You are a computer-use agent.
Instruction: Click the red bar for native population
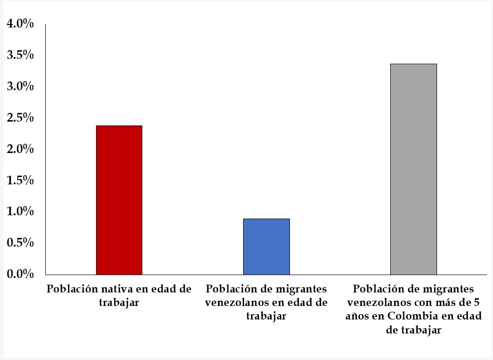(x=119, y=200)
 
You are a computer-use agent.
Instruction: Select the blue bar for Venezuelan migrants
(x=266, y=247)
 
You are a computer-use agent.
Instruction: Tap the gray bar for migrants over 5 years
(x=413, y=169)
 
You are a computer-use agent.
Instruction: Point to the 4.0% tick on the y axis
(x=20, y=24)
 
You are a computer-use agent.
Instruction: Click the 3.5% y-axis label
(x=20, y=55)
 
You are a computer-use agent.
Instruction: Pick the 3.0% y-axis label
(x=20, y=86)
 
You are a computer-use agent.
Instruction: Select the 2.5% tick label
(x=20, y=118)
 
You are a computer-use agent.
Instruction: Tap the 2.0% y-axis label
(x=20, y=149)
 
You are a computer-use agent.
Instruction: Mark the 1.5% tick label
(x=20, y=180)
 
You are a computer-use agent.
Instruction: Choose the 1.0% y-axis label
(x=20, y=211)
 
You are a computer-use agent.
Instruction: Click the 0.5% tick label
(x=20, y=243)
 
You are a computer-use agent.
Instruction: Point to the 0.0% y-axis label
(x=20, y=274)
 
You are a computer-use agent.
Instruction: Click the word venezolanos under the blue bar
(x=235, y=303)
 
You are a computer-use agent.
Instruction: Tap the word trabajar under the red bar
(x=119, y=303)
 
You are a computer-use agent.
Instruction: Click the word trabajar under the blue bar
(x=266, y=317)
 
